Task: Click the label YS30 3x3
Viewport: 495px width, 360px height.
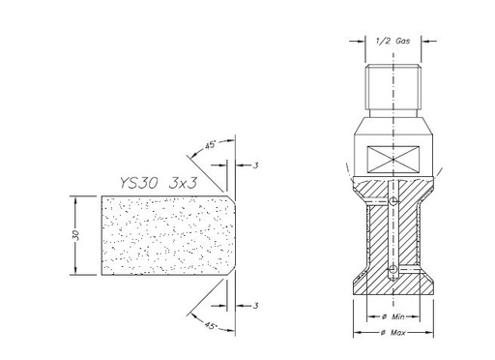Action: [159, 183]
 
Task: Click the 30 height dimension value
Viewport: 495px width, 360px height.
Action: [76, 235]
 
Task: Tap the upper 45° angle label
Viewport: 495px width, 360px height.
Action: [210, 145]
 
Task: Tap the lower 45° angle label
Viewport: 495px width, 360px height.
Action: [210, 326]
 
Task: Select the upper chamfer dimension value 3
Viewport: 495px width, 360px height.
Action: [255, 165]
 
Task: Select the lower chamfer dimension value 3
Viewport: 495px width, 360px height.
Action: [255, 306]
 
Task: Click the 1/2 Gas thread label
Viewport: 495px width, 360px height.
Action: [393, 41]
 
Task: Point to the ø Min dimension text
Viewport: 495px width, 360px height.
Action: [393, 316]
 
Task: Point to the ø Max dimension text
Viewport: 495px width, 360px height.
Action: [393, 333]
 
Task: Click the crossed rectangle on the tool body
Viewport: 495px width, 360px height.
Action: [393, 160]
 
